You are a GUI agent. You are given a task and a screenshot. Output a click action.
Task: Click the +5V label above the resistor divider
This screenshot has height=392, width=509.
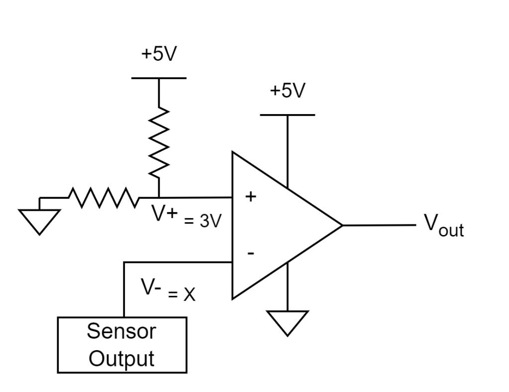tap(159, 54)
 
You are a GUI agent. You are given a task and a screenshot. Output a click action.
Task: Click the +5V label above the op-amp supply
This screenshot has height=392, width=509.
tap(288, 90)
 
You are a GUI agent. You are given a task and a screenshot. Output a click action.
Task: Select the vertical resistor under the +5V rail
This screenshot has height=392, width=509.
tap(159, 142)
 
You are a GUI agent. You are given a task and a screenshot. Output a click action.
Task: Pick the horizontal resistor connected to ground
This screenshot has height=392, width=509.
tap(104, 197)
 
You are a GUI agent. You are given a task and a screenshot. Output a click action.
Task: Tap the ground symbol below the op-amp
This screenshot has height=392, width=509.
tap(287, 323)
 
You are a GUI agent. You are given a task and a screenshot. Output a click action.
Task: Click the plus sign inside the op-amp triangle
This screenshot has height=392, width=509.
tap(251, 196)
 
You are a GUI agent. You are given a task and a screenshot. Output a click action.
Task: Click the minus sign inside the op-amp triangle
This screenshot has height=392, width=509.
tap(251, 253)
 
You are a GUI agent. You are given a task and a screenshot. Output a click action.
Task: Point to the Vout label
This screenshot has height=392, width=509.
tap(444, 225)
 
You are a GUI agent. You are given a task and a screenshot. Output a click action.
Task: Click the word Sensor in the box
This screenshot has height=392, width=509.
tap(121, 331)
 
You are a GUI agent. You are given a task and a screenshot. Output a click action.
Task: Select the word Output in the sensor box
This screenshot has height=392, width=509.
tap(121, 359)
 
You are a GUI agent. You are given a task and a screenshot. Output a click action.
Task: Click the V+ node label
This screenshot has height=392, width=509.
tap(165, 214)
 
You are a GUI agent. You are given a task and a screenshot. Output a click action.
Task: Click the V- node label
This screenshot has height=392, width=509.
tap(151, 287)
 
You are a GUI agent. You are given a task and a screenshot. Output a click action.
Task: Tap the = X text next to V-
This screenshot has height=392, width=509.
tap(182, 294)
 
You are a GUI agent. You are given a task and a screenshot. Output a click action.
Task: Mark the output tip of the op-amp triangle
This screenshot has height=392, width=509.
tap(343, 225)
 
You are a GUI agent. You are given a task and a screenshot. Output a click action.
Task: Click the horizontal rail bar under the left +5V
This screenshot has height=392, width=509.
tap(159, 78)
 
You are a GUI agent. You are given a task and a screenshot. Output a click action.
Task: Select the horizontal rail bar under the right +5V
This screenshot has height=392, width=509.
tap(287, 115)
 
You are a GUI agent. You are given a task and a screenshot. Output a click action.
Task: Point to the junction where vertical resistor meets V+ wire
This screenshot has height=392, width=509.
tap(159, 197)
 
